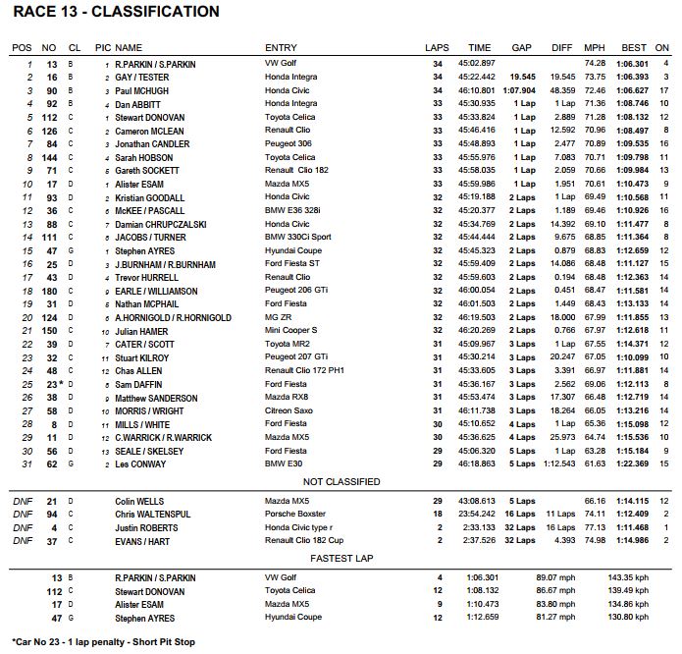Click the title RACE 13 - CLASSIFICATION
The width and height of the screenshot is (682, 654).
116,13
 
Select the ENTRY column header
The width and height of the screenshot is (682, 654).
282,47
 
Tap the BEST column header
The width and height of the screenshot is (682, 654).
634,47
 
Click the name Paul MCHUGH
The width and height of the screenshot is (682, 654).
143,90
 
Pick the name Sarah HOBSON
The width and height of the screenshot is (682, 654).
145,157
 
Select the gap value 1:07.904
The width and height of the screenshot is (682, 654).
520,90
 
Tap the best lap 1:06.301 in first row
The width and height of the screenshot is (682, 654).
634,64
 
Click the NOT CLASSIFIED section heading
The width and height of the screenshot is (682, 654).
341,482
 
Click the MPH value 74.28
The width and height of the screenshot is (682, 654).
596,64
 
